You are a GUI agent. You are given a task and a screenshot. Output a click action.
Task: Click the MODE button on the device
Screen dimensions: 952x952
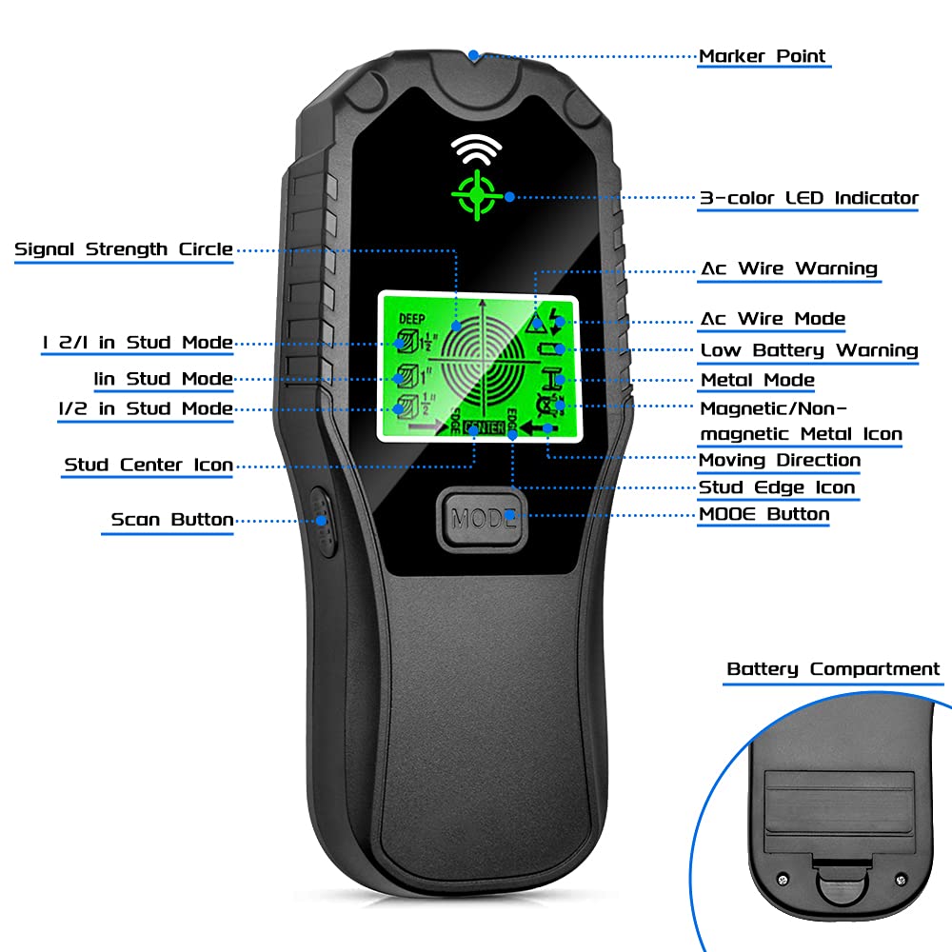pos(484,519)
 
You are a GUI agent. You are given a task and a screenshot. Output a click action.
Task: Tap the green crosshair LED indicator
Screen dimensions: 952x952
pos(473,195)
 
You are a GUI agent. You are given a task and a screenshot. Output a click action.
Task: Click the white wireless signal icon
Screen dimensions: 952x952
pos(473,149)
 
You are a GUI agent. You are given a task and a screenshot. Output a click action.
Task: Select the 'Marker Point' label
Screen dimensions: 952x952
pos(763,56)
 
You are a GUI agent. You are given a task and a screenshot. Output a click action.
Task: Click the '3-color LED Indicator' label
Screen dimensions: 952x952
pos(808,198)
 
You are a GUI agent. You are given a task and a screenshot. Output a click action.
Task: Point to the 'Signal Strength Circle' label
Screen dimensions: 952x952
pos(124,249)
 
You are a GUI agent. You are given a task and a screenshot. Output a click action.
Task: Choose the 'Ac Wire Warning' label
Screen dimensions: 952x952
pos(788,268)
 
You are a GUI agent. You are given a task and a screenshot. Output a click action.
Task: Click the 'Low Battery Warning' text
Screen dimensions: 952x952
pos(808,349)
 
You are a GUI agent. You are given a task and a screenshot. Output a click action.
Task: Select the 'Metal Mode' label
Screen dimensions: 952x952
pos(757,380)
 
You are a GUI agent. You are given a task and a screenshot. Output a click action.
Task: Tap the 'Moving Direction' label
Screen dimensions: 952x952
pos(779,460)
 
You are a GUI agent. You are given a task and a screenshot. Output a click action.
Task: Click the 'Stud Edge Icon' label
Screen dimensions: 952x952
pos(777,487)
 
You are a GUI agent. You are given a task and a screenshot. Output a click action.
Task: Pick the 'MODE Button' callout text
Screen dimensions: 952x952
pos(764,514)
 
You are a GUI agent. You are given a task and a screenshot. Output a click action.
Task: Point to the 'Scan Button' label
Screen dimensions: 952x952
pos(171,520)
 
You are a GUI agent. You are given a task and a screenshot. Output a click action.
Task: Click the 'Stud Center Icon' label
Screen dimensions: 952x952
pos(148,466)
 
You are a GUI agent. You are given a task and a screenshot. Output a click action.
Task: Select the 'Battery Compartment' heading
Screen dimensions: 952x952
pos(832,669)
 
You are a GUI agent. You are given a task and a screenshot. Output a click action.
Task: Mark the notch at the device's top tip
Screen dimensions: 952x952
pos(474,55)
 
